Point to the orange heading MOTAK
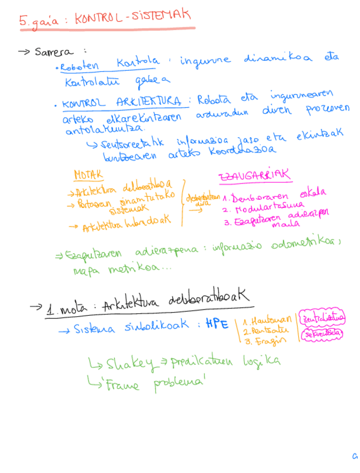coord(89,175)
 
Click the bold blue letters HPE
coord(217,325)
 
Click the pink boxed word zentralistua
coord(323,318)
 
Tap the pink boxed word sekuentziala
coord(322,335)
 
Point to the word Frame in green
coord(124,384)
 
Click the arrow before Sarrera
coord(23,51)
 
